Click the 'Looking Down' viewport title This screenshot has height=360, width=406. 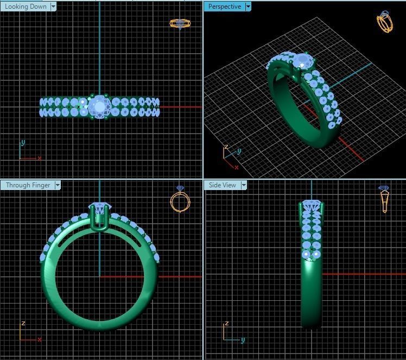[26, 7]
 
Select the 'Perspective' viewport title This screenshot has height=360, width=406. [225, 7]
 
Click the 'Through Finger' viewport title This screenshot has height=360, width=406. [28, 185]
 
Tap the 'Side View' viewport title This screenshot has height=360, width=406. [223, 185]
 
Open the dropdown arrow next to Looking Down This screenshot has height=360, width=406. [53, 7]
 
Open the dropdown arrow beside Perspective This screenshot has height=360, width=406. [248, 7]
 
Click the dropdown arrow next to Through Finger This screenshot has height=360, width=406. [58, 185]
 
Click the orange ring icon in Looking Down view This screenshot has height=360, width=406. [180, 24]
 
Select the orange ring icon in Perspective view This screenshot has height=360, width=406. [384, 22]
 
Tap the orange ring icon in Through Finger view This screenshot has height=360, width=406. [180, 200]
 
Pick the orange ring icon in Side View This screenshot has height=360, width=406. [384, 199]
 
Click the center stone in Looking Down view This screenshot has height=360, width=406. [99, 106]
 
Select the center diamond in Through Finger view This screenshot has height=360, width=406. [100, 209]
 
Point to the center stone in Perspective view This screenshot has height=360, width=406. [301, 60]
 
